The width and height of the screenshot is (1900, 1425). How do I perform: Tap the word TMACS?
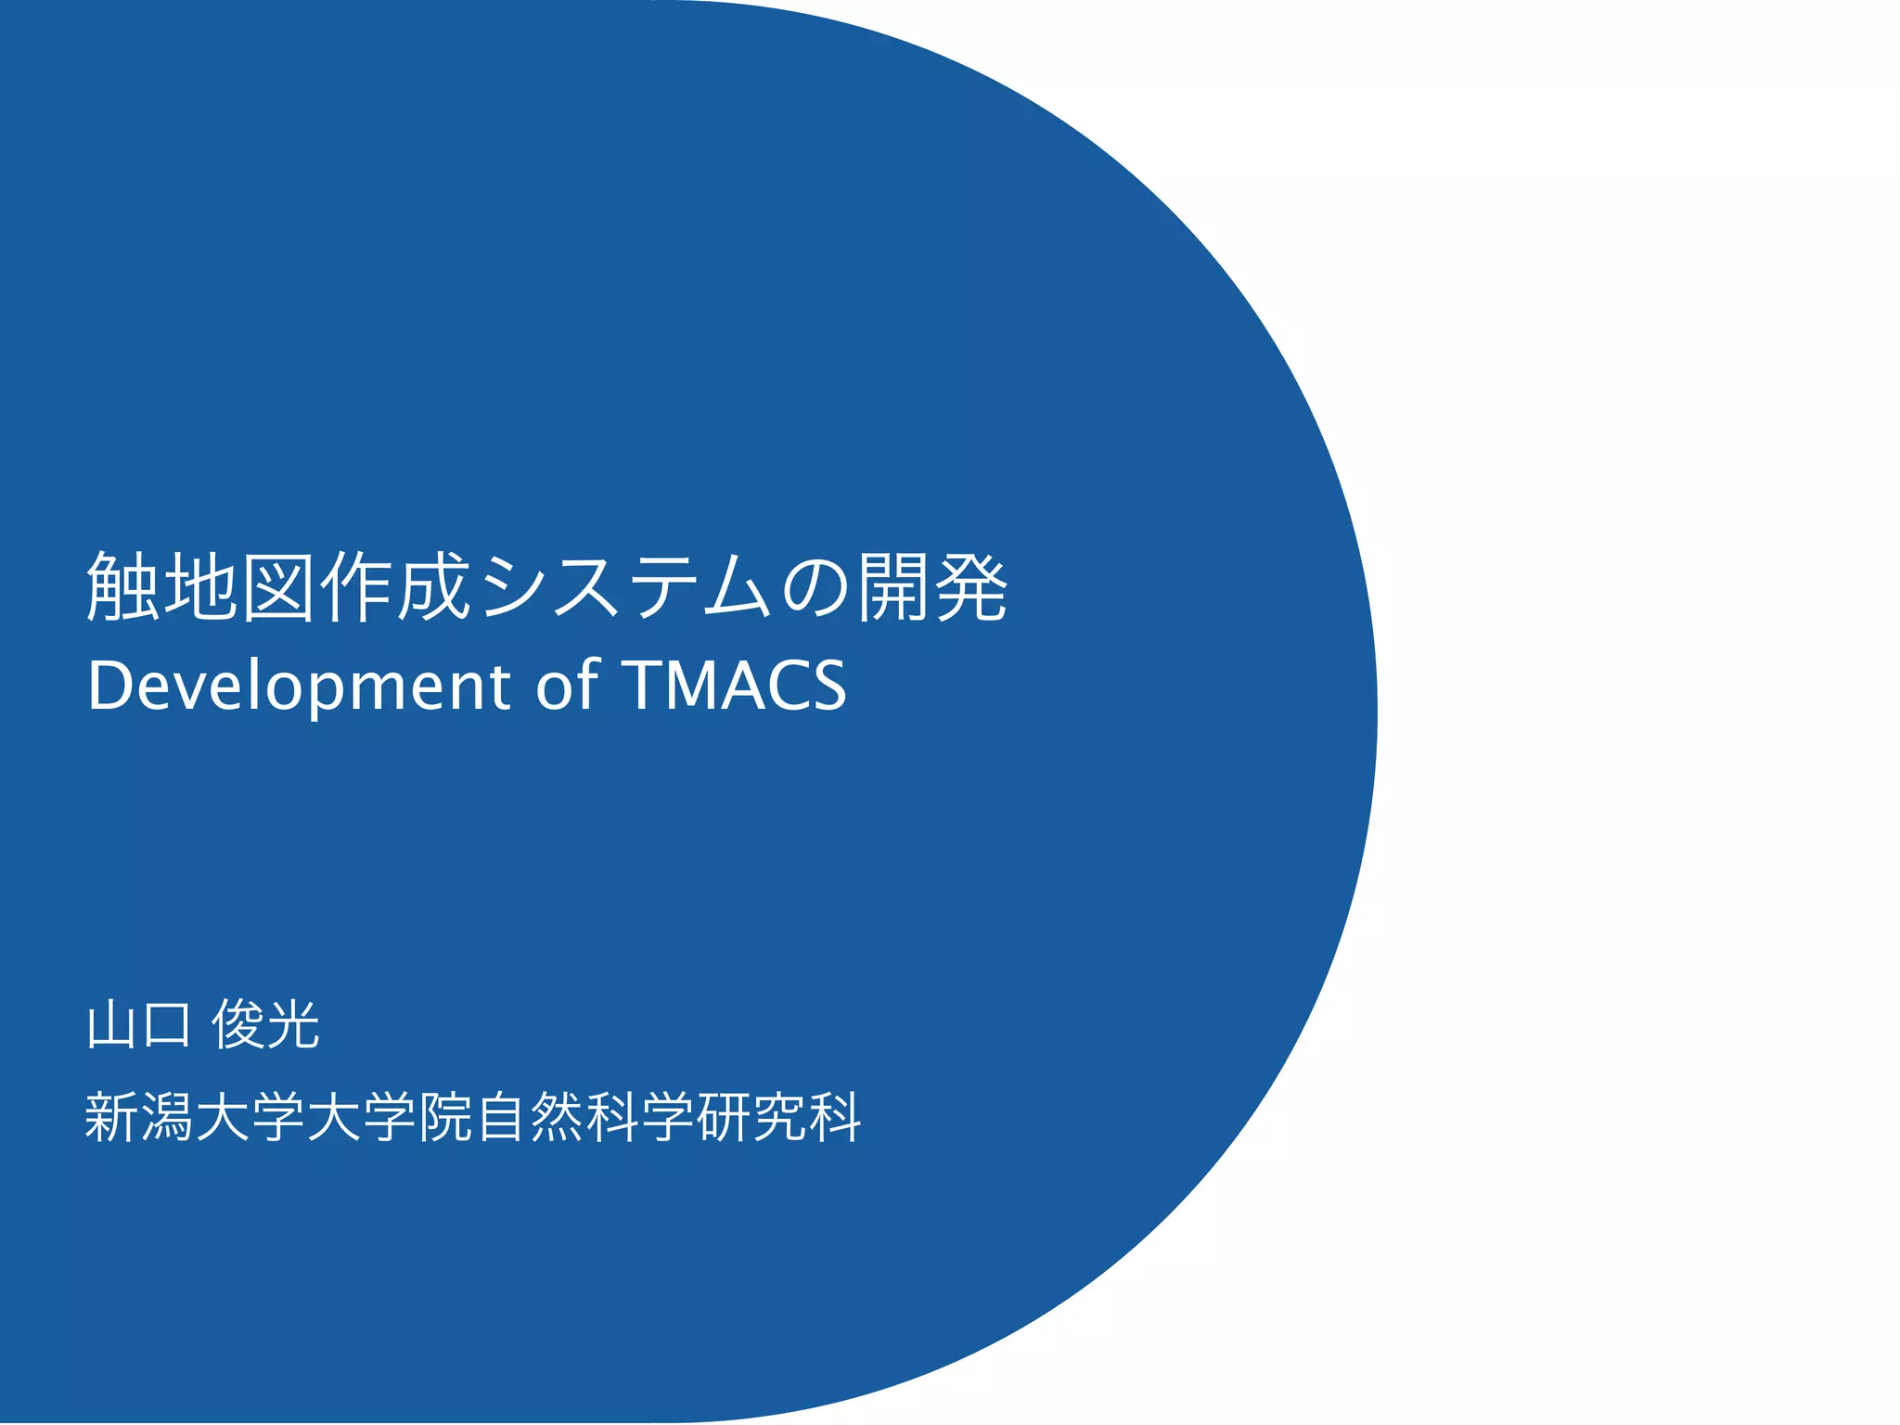click(x=738, y=686)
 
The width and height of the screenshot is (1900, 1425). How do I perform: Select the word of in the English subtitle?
click(x=567, y=686)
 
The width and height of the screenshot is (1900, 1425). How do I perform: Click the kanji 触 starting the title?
click(x=124, y=587)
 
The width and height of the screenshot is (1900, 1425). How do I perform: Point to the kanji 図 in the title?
click(x=279, y=587)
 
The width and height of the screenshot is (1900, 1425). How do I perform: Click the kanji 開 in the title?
click(x=893, y=587)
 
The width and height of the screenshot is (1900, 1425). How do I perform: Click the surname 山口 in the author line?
click(x=139, y=1026)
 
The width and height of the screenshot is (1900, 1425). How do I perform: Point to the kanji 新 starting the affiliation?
click(x=112, y=1117)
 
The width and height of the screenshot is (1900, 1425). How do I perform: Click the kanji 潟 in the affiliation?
click(x=168, y=1117)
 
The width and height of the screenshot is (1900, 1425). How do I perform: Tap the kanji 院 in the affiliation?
click(x=446, y=1117)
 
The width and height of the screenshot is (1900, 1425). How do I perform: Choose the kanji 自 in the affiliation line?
click(x=502, y=1117)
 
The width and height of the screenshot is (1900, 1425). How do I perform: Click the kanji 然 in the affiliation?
click(x=558, y=1117)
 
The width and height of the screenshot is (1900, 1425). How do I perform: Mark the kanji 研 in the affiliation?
click(x=725, y=1117)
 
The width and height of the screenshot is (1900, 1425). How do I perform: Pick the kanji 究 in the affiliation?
click(x=780, y=1117)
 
